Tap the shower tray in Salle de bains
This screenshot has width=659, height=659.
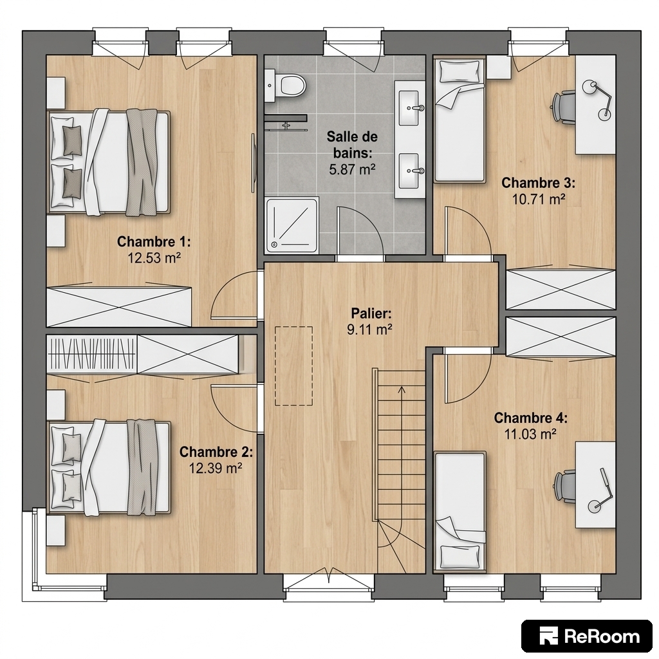292,225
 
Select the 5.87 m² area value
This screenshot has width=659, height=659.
352,169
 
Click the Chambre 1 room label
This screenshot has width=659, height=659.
154,242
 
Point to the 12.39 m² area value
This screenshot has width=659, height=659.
216,468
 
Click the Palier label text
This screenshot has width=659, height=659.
371,313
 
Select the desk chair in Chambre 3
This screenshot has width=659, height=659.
564,107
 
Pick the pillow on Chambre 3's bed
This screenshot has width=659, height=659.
459,72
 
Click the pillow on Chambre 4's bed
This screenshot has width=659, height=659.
461,555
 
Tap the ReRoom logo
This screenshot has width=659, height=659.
587,636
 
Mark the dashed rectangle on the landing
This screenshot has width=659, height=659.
293,366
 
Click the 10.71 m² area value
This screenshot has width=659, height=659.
539,199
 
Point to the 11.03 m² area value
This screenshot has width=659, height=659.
531,433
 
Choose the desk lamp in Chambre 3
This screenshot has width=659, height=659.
597,98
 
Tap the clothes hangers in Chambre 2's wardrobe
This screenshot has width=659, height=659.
91,353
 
